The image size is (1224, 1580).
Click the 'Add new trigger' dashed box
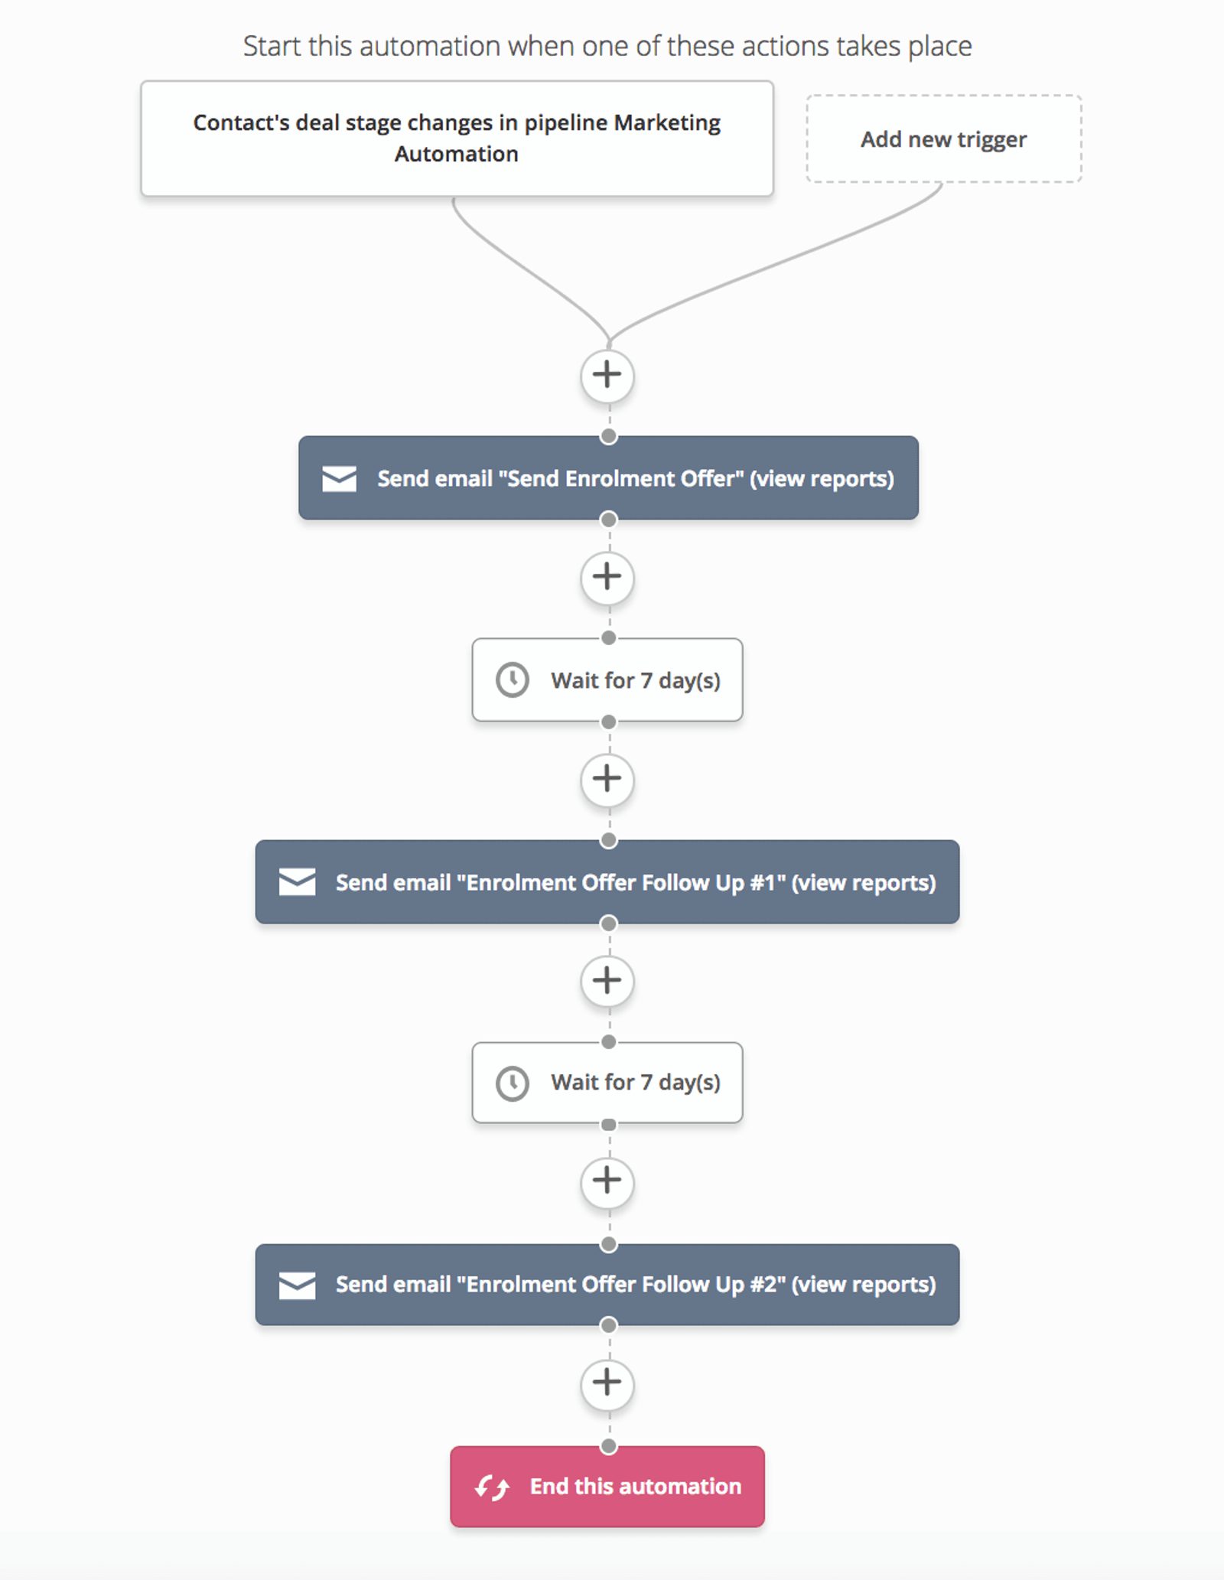point(943,139)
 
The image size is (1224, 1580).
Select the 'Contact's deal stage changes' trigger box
point(457,138)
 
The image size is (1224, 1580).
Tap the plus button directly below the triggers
point(607,375)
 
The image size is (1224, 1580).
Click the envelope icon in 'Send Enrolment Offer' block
point(339,479)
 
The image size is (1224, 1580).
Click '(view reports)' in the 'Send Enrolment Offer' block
point(822,479)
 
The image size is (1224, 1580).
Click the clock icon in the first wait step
point(512,679)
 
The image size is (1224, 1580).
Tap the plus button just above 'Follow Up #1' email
point(607,779)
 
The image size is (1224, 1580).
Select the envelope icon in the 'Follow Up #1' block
point(297,882)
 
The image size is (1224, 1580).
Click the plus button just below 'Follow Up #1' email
point(607,980)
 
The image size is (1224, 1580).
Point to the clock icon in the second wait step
point(512,1083)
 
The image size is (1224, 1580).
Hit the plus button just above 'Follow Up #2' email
point(607,1181)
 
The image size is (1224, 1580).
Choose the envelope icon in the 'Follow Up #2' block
point(297,1285)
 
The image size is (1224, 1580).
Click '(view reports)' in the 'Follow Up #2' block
point(863,1285)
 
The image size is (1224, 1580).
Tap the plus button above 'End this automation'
point(607,1383)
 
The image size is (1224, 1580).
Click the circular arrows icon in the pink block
point(492,1487)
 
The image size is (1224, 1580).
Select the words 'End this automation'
point(635,1487)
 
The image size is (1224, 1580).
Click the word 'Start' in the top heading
point(272,47)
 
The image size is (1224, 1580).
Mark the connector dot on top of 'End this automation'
point(609,1446)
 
